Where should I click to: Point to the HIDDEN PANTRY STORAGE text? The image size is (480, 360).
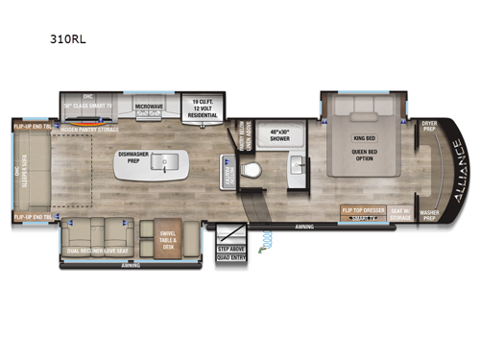[89, 127]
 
